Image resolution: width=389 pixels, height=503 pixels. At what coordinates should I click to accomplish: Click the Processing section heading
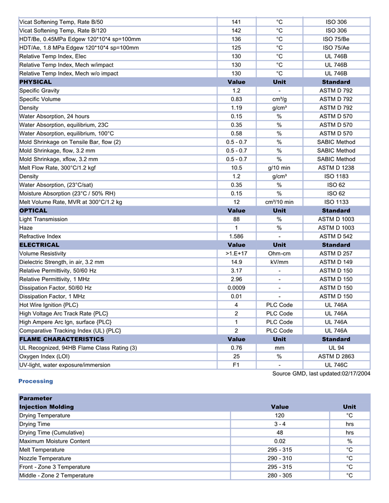coord(36,381)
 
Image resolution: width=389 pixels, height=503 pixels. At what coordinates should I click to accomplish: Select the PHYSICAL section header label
coord(36,82)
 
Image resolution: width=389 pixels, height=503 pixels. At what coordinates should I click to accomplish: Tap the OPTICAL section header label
coord(33,211)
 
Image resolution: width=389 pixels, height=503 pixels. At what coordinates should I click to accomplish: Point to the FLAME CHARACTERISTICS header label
coord(62,339)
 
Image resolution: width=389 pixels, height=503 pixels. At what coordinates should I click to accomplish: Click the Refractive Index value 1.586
coord(236,236)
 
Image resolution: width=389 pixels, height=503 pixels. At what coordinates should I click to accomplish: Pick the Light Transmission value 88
coord(236,219)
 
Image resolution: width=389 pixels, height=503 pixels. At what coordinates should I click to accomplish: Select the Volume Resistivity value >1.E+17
coord(236,253)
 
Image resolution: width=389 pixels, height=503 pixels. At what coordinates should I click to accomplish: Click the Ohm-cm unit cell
coord(279,253)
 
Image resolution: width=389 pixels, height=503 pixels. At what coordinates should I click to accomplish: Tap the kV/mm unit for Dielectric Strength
coord(279,262)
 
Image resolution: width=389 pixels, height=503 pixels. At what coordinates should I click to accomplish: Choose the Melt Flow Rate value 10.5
coord(236,168)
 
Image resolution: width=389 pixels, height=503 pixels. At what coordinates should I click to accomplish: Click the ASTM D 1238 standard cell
coord(336,168)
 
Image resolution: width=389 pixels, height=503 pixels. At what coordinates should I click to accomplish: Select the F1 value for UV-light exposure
coord(236,365)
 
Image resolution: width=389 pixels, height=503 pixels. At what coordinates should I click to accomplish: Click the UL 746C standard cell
coord(336,365)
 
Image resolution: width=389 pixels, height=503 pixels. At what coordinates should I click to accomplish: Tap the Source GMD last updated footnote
coord(321,373)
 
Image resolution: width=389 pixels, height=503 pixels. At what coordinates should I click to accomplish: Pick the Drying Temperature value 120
coord(280,415)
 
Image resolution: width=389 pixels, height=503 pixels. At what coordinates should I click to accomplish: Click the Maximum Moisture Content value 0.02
coord(280,441)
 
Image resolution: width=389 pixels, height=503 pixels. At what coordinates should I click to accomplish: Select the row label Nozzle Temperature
coord(45,459)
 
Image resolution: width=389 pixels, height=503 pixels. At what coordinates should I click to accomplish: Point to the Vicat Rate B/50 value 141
coord(236,22)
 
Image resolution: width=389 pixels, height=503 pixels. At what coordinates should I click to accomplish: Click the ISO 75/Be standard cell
coord(336,39)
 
